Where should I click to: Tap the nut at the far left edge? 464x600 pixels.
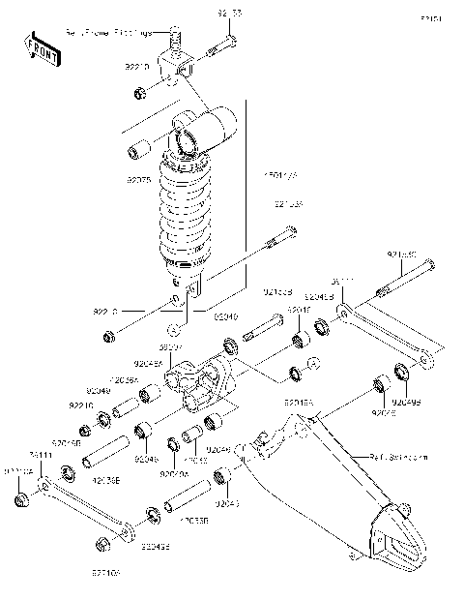(x=20, y=499)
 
